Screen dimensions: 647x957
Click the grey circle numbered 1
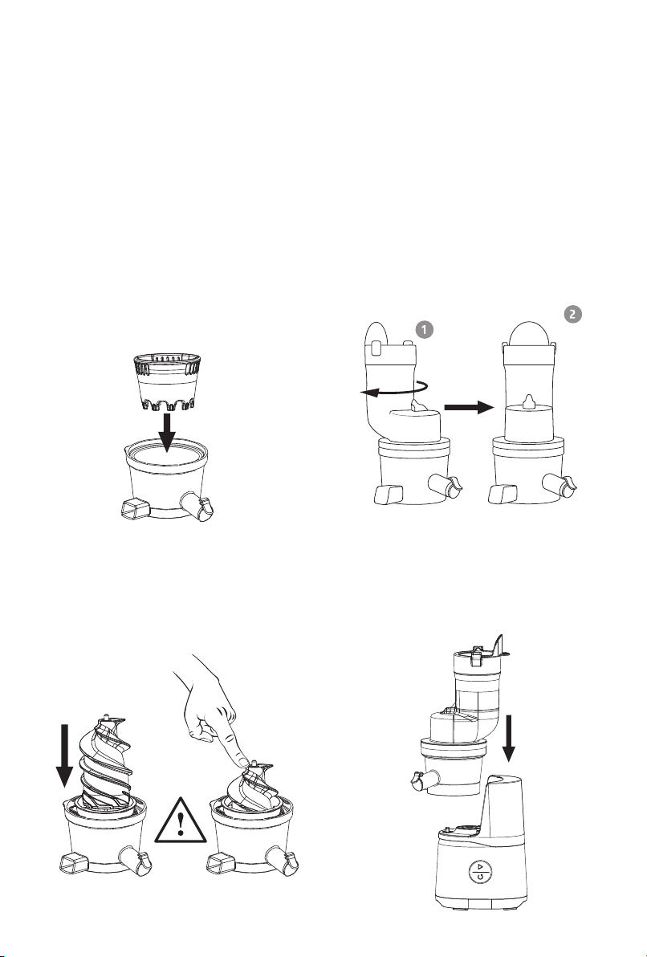click(x=424, y=330)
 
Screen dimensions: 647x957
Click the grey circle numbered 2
click(x=572, y=315)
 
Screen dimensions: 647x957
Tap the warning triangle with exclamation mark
click(x=180, y=821)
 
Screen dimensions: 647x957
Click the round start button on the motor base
click(x=480, y=871)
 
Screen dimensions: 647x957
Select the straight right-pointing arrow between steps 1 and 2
click(x=468, y=407)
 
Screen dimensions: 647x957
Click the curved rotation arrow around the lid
click(x=393, y=389)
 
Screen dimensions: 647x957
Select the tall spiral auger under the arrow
click(x=104, y=762)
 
